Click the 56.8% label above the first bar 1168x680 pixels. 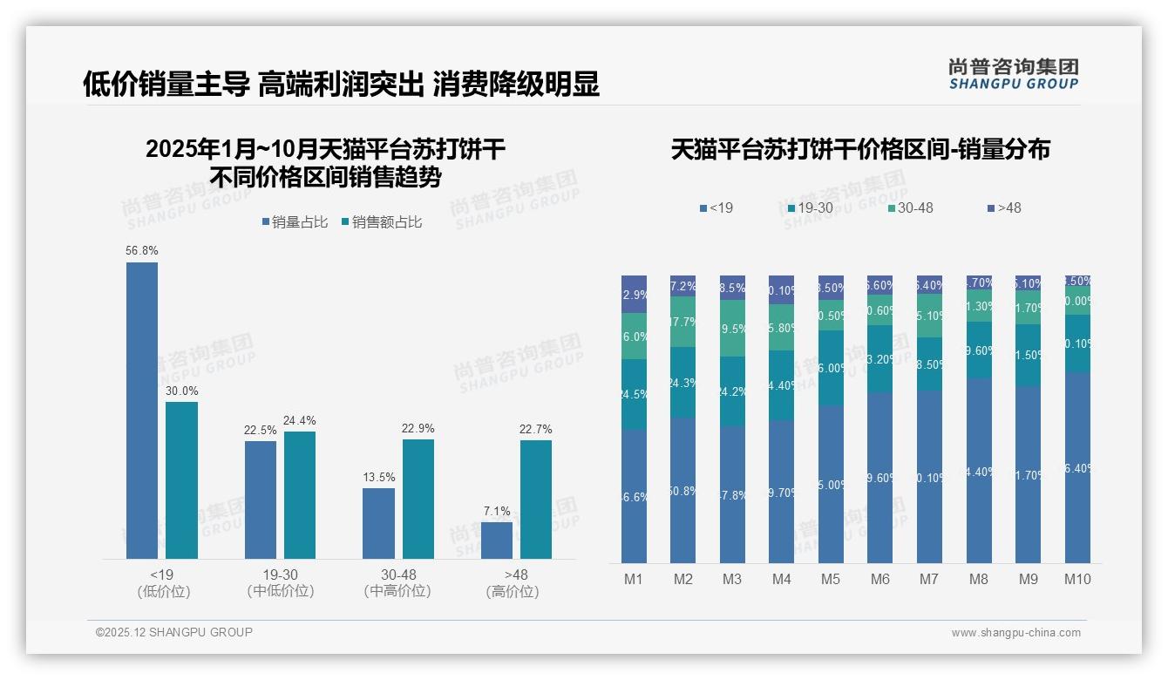[x=142, y=250]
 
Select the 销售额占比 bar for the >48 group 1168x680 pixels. [x=536, y=499]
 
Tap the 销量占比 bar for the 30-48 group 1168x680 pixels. [x=378, y=523]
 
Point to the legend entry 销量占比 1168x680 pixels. [x=295, y=222]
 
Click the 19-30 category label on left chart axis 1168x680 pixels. [x=281, y=575]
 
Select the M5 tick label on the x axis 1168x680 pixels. [x=831, y=579]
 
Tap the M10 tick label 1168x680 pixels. [x=1077, y=579]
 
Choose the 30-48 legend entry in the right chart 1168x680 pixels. [x=911, y=207]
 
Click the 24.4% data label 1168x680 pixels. [x=299, y=420]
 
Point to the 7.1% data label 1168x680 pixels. [x=497, y=511]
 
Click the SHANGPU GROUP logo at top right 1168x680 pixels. [x=1014, y=73]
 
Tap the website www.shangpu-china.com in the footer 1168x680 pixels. [x=1015, y=633]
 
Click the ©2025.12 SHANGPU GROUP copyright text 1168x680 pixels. [x=174, y=632]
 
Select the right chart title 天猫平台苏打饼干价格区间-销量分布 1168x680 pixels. [x=860, y=149]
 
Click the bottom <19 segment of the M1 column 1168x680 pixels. [x=635, y=497]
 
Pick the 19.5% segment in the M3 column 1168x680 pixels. [x=732, y=328]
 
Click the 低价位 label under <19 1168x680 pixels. [x=163, y=591]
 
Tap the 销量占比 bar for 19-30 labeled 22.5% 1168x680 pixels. [x=261, y=500]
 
